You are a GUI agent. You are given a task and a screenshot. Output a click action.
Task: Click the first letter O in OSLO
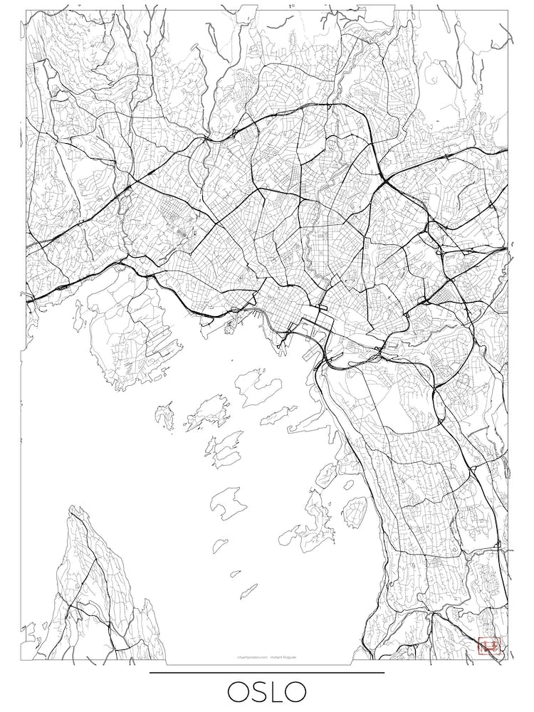239,691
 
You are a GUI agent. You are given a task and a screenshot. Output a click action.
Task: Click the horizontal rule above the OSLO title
267,672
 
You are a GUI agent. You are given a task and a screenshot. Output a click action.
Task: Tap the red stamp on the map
489,645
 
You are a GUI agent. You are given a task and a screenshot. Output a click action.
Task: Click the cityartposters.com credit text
252,658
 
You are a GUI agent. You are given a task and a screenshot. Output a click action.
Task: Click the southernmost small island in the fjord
248,590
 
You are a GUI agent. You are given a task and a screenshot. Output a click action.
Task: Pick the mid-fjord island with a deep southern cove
228,501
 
